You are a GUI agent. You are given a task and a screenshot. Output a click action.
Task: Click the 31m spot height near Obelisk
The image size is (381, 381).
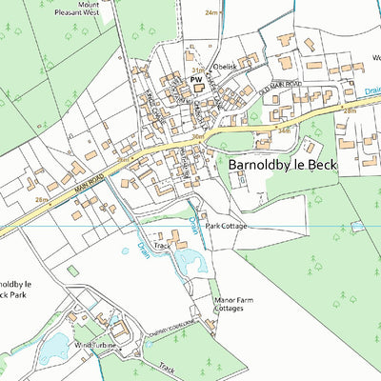point(198,70)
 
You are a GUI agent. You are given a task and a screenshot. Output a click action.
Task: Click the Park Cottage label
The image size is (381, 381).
point(227,226)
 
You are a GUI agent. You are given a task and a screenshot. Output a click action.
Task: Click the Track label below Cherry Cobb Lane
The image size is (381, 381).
point(168,367)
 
